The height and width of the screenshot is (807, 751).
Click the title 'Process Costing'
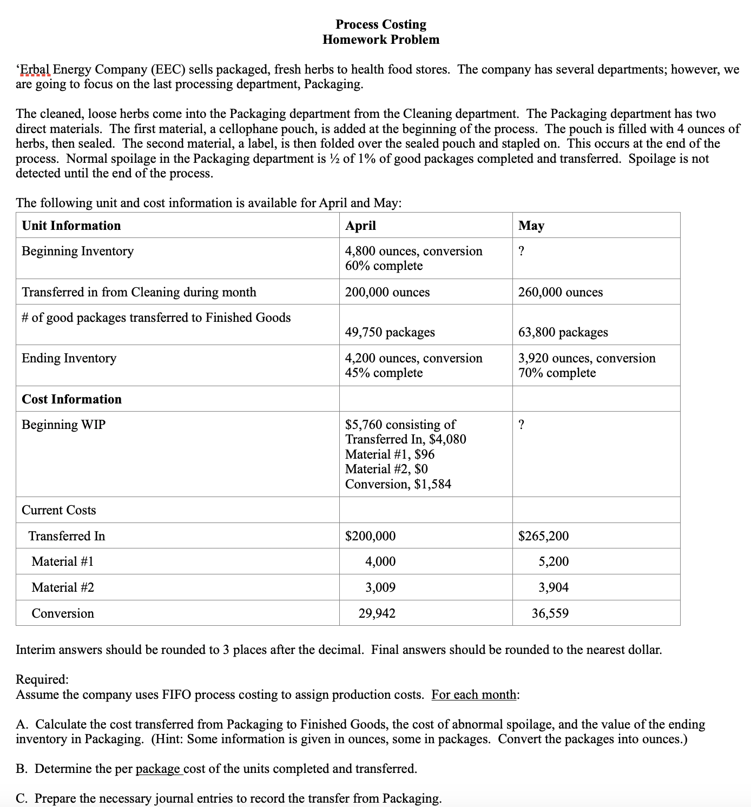380,24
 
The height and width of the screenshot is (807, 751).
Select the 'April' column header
360,226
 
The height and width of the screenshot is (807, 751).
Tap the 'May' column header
531,226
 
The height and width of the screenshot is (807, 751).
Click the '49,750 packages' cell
390,332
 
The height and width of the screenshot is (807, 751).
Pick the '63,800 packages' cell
563,332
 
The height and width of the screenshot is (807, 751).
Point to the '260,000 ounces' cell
560,292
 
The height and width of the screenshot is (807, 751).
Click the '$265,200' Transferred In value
543,536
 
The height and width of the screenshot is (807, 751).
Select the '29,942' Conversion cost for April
377,613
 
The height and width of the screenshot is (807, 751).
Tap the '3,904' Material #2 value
553,587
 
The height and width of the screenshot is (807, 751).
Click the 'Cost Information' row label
71,399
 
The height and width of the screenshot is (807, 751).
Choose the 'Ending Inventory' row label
69,358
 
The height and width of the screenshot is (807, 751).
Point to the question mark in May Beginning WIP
521,425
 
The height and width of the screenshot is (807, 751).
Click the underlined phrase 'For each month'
473,694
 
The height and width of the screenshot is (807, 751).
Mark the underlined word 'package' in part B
157,769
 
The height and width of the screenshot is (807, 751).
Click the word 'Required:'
42,679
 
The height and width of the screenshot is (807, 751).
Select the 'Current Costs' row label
58,510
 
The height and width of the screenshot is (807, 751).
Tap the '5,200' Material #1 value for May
553,561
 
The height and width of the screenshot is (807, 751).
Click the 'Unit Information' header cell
71,226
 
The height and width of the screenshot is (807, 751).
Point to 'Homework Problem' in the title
380,39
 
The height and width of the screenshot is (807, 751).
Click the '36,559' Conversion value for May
550,613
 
